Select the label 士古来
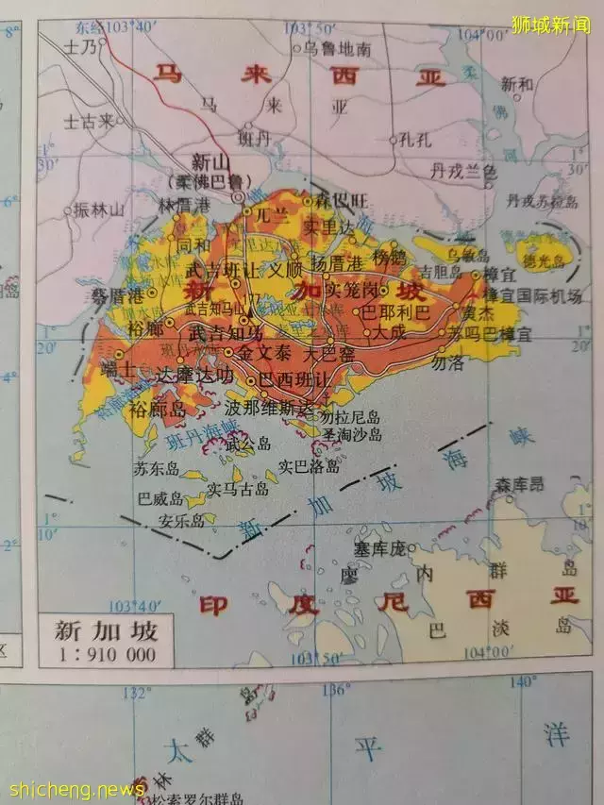(89, 121)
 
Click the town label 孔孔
(413, 140)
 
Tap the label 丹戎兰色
(462, 171)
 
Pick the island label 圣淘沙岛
(351, 434)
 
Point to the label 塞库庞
(378, 547)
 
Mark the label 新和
(517, 84)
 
